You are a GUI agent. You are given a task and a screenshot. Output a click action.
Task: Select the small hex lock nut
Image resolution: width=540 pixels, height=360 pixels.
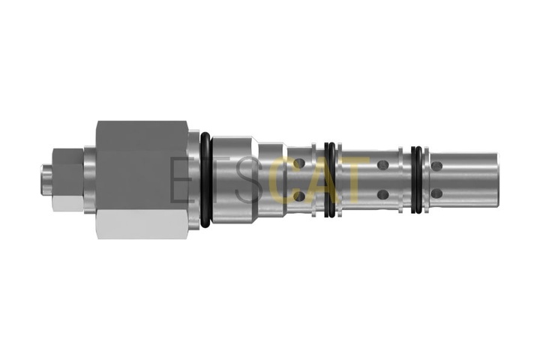pyautogui.click(x=68, y=179)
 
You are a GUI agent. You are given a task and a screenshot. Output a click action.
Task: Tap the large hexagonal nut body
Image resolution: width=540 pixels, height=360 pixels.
pyautogui.click(x=142, y=180)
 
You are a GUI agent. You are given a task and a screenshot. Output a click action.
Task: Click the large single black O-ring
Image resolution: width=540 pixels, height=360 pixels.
pyautogui.click(x=205, y=180)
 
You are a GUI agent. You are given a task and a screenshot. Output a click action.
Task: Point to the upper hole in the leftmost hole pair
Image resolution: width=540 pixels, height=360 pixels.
pyautogui.click(x=299, y=163)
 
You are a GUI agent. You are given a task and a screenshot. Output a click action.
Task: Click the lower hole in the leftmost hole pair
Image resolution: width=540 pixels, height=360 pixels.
pyautogui.click(x=299, y=196)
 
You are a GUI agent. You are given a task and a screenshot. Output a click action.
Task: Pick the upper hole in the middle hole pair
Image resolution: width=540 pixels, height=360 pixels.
pyautogui.click(x=383, y=165)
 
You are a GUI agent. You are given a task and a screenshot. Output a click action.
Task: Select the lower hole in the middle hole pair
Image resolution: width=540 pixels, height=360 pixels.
pyautogui.click(x=383, y=195)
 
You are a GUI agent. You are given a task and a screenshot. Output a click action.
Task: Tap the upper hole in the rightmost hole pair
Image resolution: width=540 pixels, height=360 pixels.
pyautogui.click(x=436, y=166)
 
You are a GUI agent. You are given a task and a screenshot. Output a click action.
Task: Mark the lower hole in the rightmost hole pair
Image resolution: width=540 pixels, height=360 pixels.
pyautogui.click(x=436, y=193)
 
